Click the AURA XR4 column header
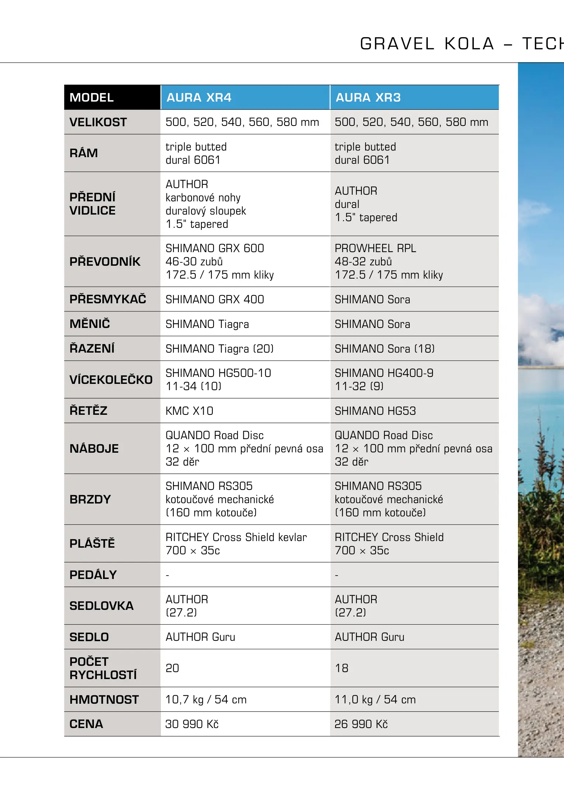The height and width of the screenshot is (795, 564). (x=199, y=98)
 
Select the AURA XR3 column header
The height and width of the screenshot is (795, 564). (x=368, y=98)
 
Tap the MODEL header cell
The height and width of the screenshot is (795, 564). (x=92, y=98)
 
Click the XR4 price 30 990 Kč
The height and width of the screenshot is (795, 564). (x=192, y=724)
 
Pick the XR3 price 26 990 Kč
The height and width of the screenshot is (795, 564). (x=361, y=724)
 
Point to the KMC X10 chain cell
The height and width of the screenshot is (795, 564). (x=189, y=411)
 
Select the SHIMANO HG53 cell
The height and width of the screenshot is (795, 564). (x=375, y=411)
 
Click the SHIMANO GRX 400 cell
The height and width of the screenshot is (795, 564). (x=215, y=299)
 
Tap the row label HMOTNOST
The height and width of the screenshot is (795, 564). (x=104, y=699)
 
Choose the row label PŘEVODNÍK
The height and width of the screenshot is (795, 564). (x=105, y=262)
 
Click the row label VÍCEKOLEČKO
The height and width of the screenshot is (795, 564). (x=111, y=380)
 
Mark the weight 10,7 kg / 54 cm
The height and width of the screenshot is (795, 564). (x=206, y=699)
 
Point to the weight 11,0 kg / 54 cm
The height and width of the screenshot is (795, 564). (x=375, y=699)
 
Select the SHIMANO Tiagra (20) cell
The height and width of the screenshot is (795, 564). (x=219, y=349)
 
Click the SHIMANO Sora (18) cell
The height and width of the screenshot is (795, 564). (x=385, y=349)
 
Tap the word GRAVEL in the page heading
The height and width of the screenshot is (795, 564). (x=397, y=44)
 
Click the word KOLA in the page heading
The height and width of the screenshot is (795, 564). (x=469, y=44)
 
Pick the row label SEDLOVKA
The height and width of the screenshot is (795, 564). (x=102, y=606)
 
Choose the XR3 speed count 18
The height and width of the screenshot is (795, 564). (x=342, y=668)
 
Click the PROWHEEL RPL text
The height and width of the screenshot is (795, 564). (x=375, y=248)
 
